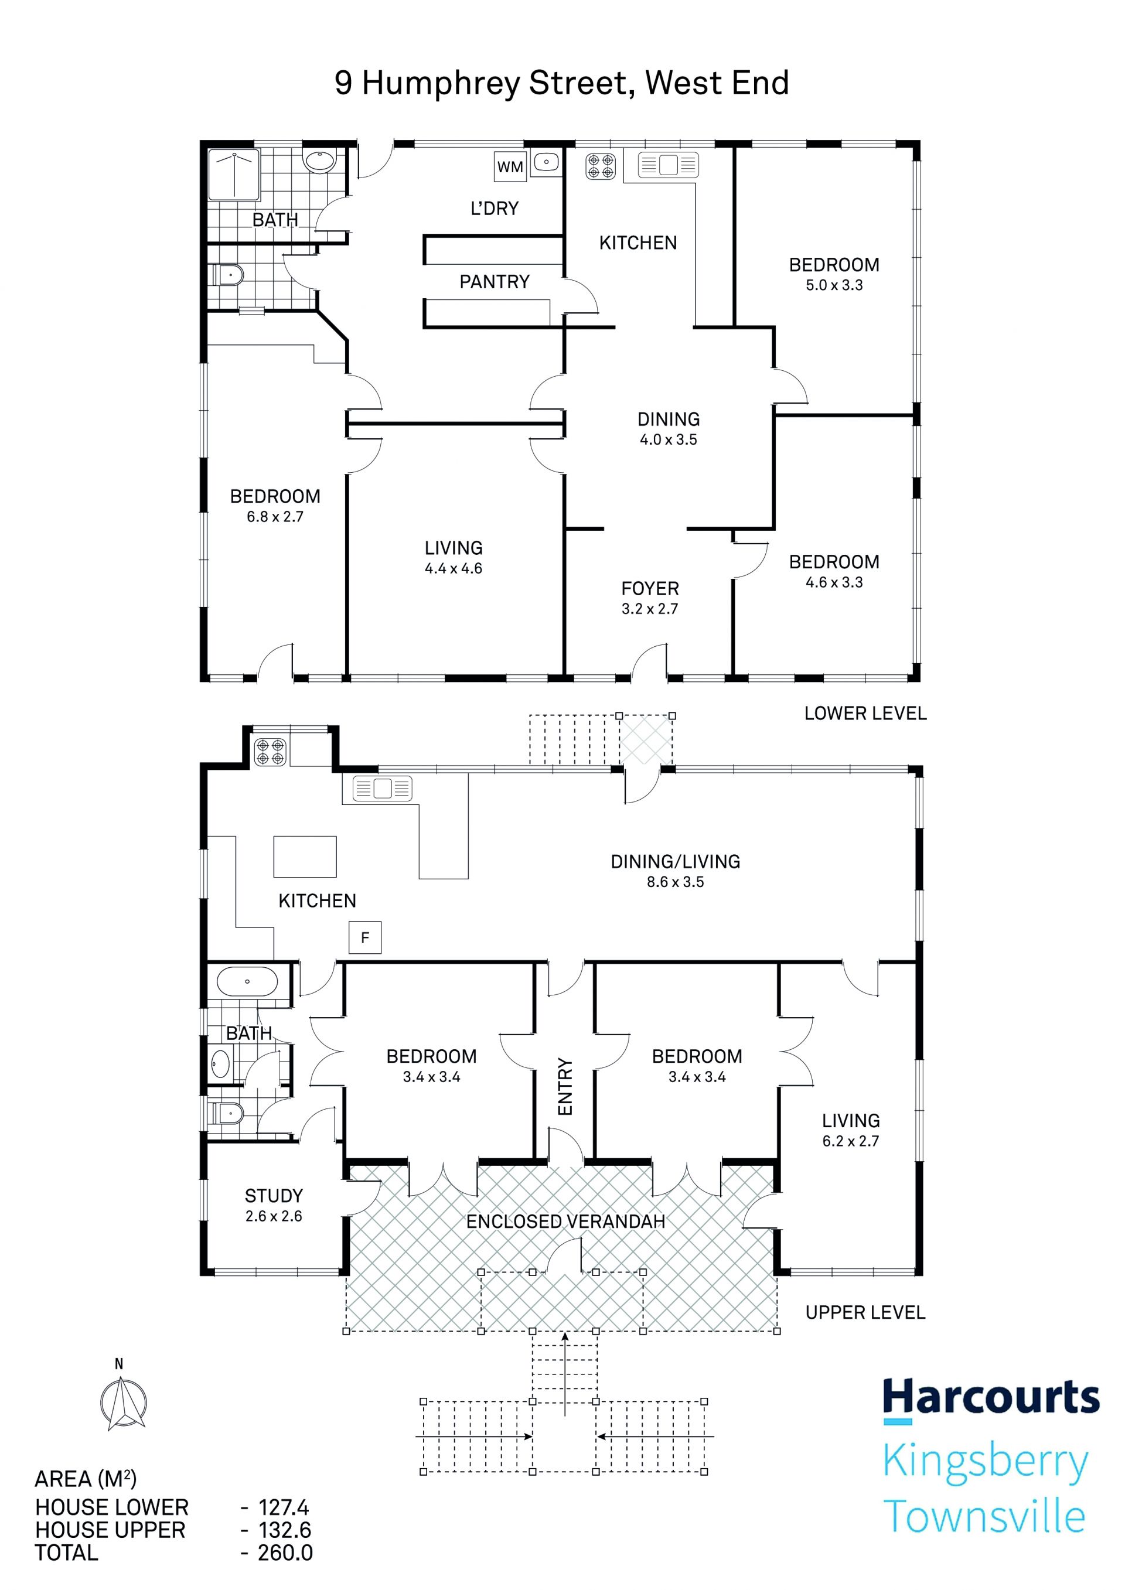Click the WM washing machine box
[510, 166]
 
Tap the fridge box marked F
[365, 938]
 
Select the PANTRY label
[495, 282]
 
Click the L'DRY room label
[495, 209]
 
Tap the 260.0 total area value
[285, 1553]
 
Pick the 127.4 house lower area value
[284, 1507]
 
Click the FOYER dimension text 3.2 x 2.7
[650, 609]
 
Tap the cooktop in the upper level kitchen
[270, 752]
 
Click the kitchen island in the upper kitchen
[305, 857]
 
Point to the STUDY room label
[274, 1196]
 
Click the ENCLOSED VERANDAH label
[565, 1221]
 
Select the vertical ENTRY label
[565, 1087]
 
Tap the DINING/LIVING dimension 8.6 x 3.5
[676, 882]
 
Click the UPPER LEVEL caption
[865, 1312]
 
